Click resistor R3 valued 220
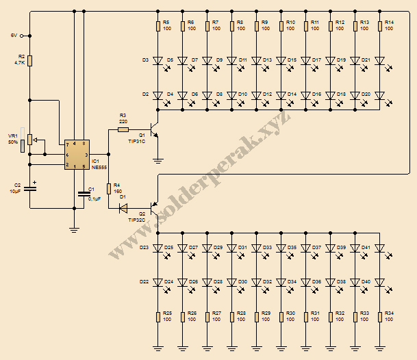tap(123, 129)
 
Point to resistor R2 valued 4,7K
tap(30, 60)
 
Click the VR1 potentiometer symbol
tap(30, 142)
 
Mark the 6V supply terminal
tap(23, 35)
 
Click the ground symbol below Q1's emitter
tap(158, 161)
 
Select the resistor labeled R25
tap(158, 316)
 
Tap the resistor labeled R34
tap(380, 316)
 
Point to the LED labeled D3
tap(158, 60)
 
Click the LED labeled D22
tap(158, 281)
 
